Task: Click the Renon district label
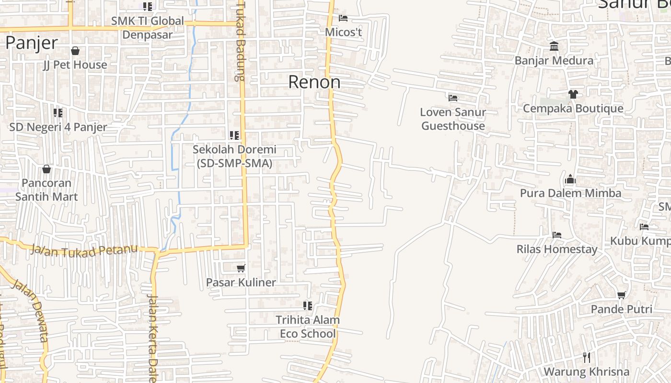point(314,82)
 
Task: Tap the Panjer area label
point(32,43)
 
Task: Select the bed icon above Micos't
point(343,18)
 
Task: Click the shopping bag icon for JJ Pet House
point(75,51)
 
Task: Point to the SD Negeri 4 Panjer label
point(58,127)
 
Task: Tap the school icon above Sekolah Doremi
point(234,135)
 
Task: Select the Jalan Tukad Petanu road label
point(84,249)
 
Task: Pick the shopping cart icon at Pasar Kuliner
point(241,269)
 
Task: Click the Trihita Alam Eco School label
point(308,327)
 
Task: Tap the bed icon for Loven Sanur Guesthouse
point(453,98)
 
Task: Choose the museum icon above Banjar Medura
point(554,46)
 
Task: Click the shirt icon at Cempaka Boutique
point(573,94)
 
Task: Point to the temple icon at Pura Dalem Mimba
point(570,180)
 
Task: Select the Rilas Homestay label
point(557,249)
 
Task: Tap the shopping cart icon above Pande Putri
point(622,295)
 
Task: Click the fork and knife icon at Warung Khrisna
point(586,357)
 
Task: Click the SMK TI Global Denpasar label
point(147,28)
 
